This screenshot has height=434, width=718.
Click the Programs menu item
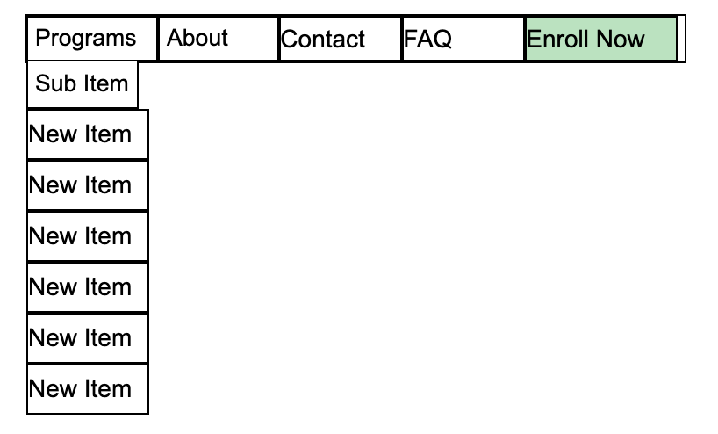click(x=92, y=39)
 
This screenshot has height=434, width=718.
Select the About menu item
click(x=218, y=39)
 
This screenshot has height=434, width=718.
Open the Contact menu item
click(x=341, y=39)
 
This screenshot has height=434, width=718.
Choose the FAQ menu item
click(x=463, y=39)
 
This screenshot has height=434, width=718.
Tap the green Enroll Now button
click(x=601, y=39)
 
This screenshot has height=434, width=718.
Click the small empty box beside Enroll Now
click(x=681, y=39)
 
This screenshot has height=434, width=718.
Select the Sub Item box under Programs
click(x=83, y=84)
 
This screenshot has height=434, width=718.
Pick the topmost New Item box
click(x=88, y=134)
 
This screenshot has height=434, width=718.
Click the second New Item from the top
click(x=88, y=185)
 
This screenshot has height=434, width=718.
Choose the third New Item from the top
click(x=88, y=236)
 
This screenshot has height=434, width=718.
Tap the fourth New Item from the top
click(x=88, y=287)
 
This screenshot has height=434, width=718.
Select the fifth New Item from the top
click(x=88, y=337)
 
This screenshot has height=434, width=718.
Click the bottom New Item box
click(x=88, y=389)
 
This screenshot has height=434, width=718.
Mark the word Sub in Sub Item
click(x=55, y=83)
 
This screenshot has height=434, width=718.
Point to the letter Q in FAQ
click(x=441, y=40)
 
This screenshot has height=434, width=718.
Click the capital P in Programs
click(x=43, y=38)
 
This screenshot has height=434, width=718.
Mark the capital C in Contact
click(x=290, y=39)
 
